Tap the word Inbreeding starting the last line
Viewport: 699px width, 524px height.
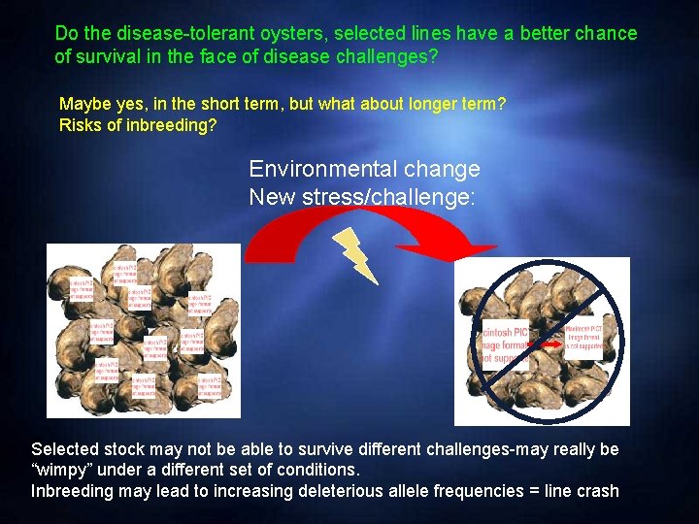(71, 491)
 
